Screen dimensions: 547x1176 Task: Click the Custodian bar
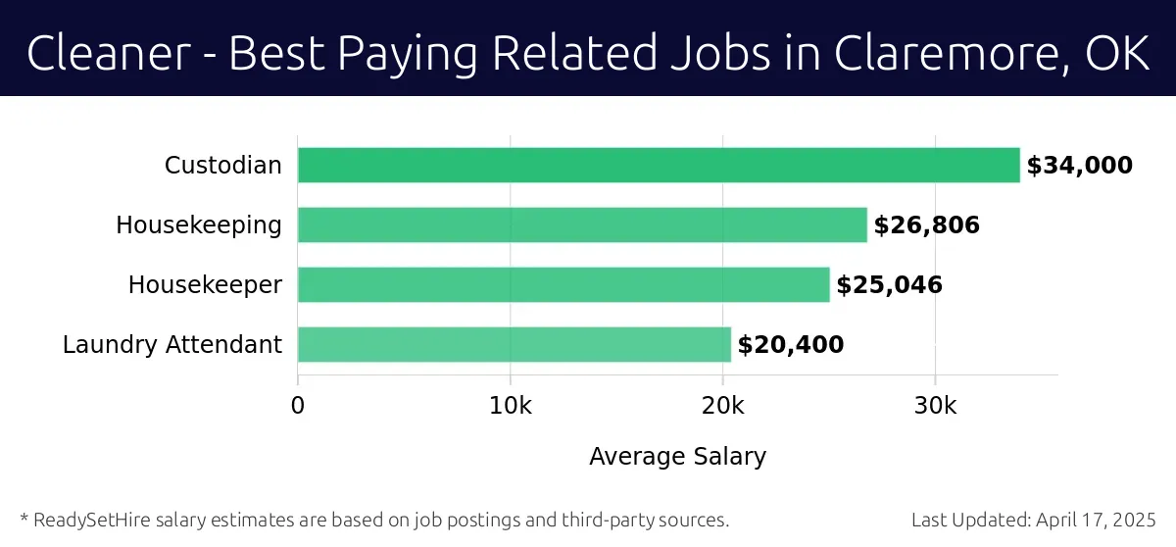659,166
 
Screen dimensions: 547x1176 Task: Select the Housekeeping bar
582,225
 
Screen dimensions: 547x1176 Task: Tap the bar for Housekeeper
563,285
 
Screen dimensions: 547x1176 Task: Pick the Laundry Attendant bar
514,345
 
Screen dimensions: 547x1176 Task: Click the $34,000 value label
1079,166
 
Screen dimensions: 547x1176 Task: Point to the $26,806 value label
926,225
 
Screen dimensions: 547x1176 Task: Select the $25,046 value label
889,285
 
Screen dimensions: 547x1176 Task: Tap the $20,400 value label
790,345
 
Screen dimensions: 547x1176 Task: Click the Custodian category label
222,166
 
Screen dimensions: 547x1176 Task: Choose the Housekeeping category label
199,225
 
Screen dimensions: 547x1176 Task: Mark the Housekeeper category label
205,285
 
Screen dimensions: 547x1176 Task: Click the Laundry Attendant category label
172,345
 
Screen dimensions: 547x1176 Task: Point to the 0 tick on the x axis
298,406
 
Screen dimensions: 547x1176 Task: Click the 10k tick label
510,406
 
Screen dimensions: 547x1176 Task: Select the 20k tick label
722,406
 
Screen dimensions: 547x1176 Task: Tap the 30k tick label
935,406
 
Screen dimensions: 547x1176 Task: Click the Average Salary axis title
677,456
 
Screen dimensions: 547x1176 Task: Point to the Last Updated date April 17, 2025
1095,520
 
